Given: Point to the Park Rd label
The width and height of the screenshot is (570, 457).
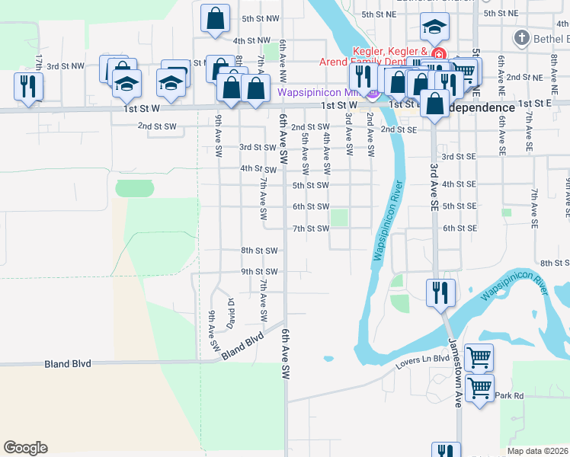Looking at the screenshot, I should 509,395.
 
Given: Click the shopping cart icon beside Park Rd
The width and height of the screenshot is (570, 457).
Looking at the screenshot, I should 479,388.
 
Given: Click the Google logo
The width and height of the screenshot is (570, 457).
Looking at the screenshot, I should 25,448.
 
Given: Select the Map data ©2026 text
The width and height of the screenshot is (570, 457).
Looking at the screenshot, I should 536,451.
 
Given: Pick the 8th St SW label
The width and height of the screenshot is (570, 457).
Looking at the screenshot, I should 260,250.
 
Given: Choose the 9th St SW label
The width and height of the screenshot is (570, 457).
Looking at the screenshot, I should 260,271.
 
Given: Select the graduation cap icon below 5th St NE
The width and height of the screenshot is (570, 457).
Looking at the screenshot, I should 434,30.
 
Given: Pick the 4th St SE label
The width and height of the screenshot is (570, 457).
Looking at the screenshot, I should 459,184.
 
